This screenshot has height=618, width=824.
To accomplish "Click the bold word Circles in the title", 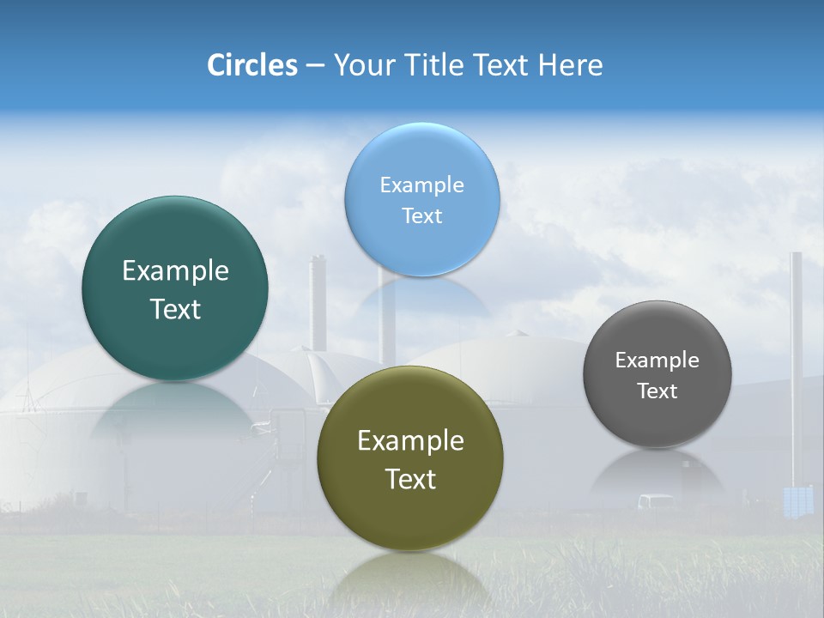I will coord(252,65).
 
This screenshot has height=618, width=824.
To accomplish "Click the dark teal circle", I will coord(175,288).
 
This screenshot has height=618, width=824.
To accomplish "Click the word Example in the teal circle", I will coord(175,271).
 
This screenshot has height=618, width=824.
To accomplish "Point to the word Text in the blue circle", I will coord(421,215).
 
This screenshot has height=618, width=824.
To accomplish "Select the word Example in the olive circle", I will coord(410,441).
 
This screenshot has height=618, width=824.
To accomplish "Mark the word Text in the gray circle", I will coord(657,391).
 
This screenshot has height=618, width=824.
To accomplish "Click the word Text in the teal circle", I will coord(175,309).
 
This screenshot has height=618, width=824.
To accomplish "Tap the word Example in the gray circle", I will coord(657,360).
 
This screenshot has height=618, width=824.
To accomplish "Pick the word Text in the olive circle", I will coord(410,479).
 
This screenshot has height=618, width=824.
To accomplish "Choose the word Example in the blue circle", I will coord(421,185).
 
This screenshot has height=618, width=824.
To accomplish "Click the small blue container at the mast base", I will coord(798,501).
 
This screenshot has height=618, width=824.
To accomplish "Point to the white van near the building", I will coord(656,501).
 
